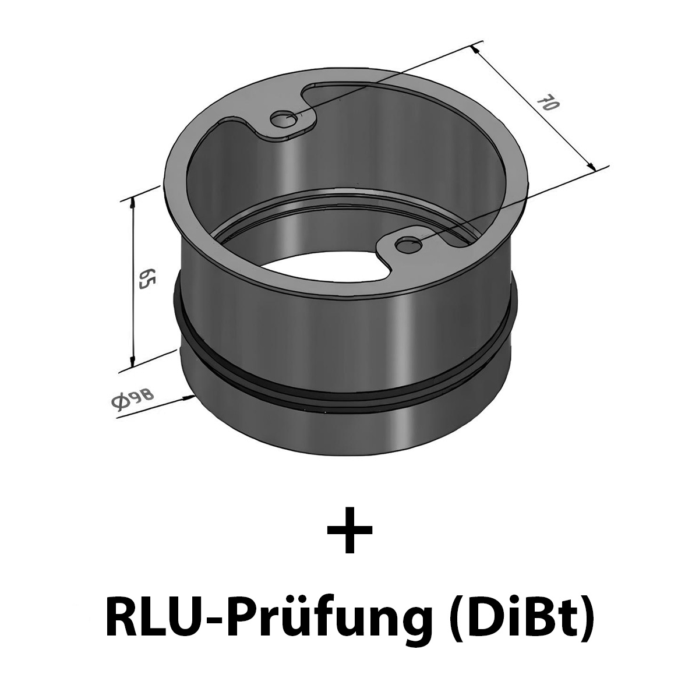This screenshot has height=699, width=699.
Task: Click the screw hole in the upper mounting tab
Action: click(x=285, y=119)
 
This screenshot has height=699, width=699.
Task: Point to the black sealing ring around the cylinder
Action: click(x=349, y=389)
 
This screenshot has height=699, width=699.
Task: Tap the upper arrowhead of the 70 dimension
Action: click(x=478, y=50)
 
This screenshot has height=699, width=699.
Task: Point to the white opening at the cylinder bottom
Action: click(x=326, y=274)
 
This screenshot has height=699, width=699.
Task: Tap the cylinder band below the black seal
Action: click(x=349, y=431)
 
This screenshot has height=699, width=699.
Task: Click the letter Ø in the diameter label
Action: click(x=118, y=403)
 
